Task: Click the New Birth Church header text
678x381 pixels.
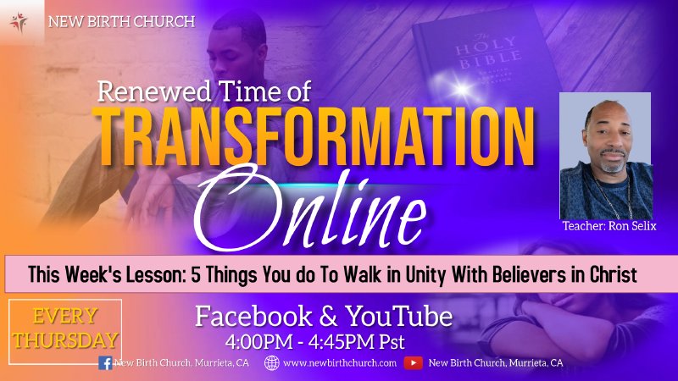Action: pos(121,21)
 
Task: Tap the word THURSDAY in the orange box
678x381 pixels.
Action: pos(65,340)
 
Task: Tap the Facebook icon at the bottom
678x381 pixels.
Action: pos(105,363)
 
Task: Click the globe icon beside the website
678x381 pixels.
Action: pos(272,363)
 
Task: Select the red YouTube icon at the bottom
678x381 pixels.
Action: pos(413,363)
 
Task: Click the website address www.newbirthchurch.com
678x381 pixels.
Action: pos(340,363)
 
